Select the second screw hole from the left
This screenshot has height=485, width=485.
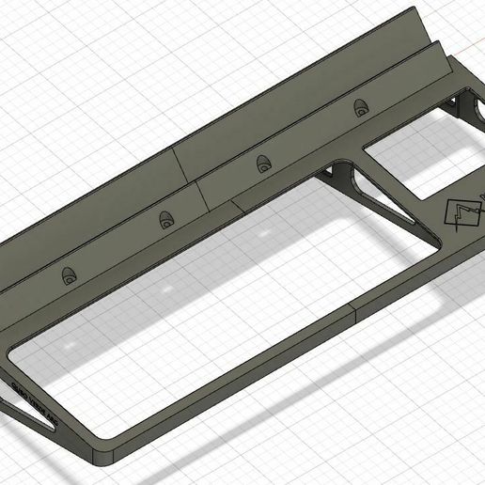167,220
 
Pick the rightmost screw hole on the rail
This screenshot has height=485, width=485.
361,108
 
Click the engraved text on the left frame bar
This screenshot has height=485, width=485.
34,396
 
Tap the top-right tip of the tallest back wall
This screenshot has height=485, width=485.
415,11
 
